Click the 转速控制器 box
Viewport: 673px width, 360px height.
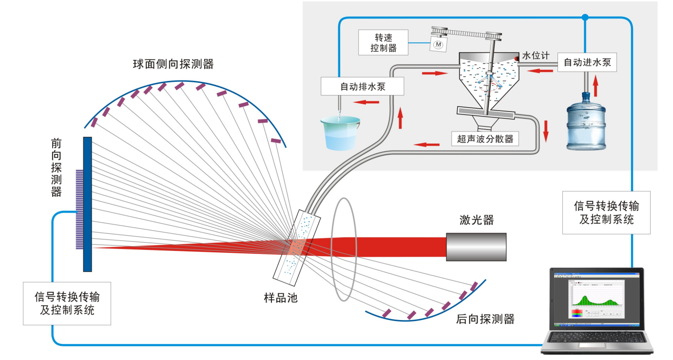[383, 42]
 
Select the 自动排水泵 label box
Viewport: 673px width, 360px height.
[363, 87]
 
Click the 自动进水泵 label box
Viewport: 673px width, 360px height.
[586, 63]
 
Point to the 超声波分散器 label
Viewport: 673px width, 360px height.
[485, 139]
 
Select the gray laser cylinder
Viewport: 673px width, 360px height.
[476, 246]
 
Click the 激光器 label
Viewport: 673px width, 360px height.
[476, 220]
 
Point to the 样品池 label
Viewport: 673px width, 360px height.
[281, 298]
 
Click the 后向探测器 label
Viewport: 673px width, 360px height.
[485, 320]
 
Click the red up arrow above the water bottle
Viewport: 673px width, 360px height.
[595, 88]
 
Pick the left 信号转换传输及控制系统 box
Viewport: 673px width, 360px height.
[67, 303]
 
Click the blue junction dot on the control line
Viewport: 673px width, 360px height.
[585, 18]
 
